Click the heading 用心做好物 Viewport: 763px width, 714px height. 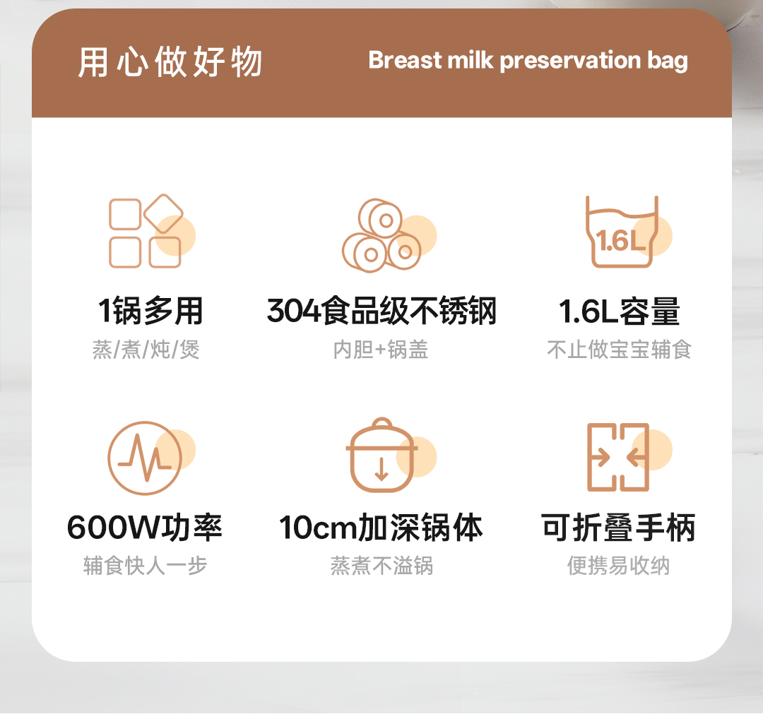click(x=170, y=62)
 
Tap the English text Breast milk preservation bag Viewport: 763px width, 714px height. click(x=528, y=61)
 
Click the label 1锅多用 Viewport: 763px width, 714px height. click(x=150, y=311)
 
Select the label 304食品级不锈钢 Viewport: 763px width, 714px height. click(x=381, y=311)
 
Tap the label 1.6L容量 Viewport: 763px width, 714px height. click(x=619, y=311)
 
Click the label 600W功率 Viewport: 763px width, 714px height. click(x=145, y=528)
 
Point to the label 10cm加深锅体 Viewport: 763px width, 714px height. click(x=381, y=528)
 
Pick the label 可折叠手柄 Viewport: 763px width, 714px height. click(x=618, y=528)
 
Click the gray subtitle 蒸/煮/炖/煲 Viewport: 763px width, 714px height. click(x=146, y=349)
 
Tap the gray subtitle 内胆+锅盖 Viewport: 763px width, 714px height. click(x=381, y=349)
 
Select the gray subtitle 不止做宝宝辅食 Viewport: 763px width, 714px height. click(x=619, y=349)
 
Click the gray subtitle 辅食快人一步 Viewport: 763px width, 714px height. click(x=145, y=565)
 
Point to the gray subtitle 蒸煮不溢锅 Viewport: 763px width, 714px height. click(x=381, y=565)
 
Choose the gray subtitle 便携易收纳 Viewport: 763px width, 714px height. click(x=618, y=565)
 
